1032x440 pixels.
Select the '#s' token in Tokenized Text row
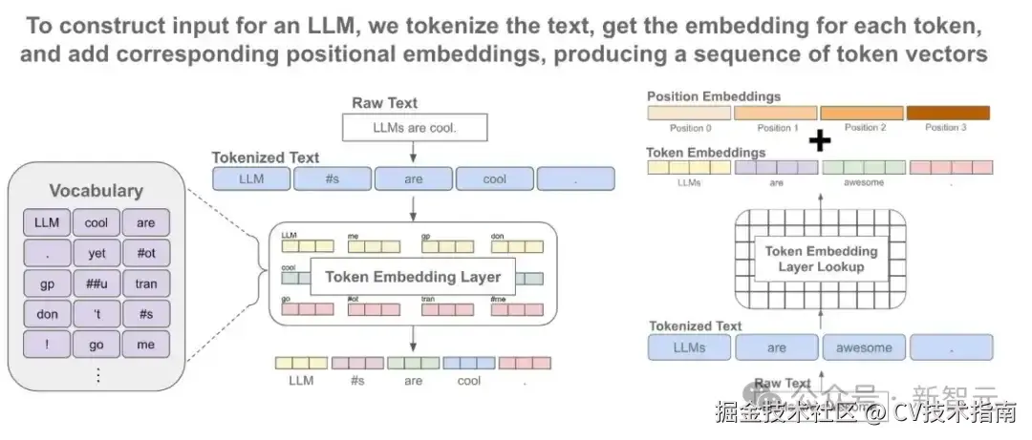pyautogui.click(x=332, y=178)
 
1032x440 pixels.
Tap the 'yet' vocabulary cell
pyautogui.click(x=97, y=254)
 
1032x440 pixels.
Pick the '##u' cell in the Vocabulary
pyautogui.click(x=97, y=283)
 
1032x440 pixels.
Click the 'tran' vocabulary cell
pyautogui.click(x=145, y=283)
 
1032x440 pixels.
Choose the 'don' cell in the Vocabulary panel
pyautogui.click(x=47, y=314)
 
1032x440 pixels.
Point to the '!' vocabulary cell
pyautogui.click(x=47, y=345)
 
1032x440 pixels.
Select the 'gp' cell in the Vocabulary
pyautogui.click(x=47, y=283)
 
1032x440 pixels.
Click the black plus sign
pyautogui.click(x=819, y=141)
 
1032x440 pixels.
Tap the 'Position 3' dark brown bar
pyautogui.click(x=947, y=113)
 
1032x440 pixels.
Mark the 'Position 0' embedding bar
pyautogui.click(x=689, y=113)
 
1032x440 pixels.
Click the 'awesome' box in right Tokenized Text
pyautogui.click(x=864, y=347)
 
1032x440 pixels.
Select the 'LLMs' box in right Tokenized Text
pyautogui.click(x=688, y=347)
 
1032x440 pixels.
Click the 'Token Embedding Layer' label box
pyautogui.click(x=413, y=277)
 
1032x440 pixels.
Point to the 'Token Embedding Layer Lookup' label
pyautogui.click(x=821, y=259)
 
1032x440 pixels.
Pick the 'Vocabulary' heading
pyautogui.click(x=96, y=191)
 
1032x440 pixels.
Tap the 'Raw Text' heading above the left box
pyautogui.click(x=384, y=103)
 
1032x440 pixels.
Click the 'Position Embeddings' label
pyautogui.click(x=713, y=96)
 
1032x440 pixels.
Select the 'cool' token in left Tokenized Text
pyautogui.click(x=494, y=178)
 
